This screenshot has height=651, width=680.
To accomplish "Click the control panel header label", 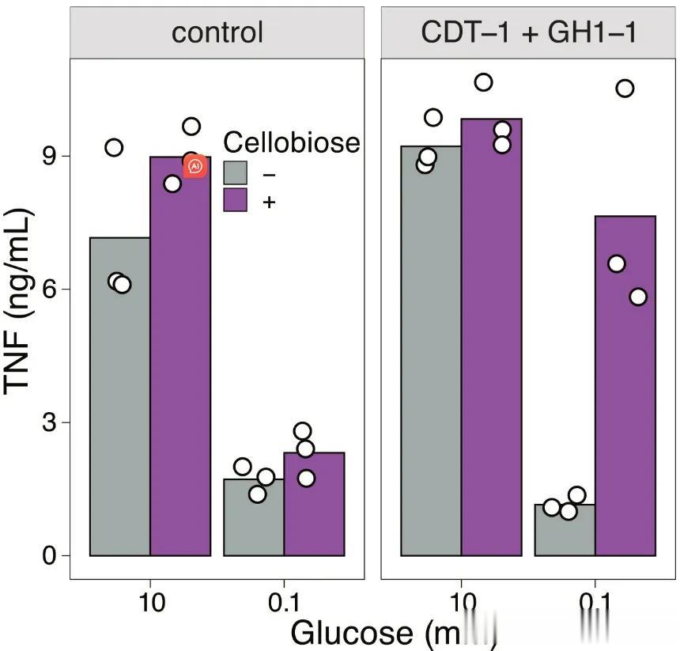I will [x=217, y=33].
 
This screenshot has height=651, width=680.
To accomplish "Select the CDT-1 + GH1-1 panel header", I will [x=528, y=33].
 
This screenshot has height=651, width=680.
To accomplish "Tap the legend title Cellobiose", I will [x=291, y=142].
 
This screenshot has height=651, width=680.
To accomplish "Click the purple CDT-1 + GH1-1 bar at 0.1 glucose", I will [x=625, y=396].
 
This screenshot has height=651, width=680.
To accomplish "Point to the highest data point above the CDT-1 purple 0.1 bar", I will [x=625, y=89].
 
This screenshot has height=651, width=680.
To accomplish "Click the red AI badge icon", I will [x=195, y=166].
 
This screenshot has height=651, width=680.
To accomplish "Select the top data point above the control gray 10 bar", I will [x=114, y=147].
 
